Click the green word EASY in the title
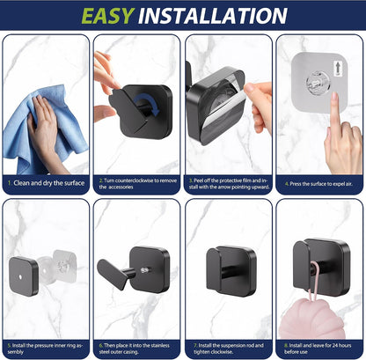[108, 16]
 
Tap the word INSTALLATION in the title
[213, 16]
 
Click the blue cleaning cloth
[44, 129]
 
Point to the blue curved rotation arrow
[147, 103]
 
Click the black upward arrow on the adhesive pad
[337, 70]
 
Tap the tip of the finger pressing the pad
[335, 94]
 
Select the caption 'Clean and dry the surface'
[49, 183]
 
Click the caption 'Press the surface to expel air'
[321, 184]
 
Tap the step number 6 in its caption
[101, 346]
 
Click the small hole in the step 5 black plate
[20, 276]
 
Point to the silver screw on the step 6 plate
[144, 270]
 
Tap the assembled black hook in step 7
[231, 271]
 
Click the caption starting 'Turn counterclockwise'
[138, 184]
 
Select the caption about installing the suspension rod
[229, 349]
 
